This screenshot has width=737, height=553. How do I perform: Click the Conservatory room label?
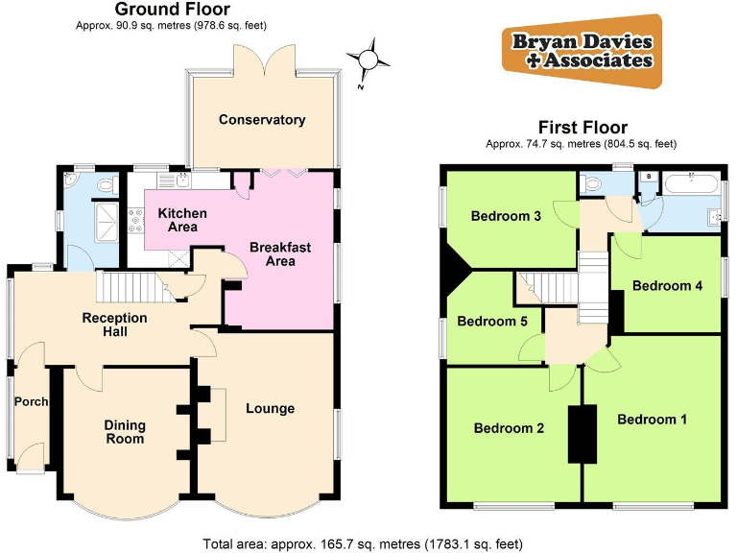(x=261, y=120)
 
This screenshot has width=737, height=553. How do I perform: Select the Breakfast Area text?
(x=280, y=254)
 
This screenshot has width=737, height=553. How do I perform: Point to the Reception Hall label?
(x=115, y=325)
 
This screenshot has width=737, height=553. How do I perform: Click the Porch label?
(x=31, y=402)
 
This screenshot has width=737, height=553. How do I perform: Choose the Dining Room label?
(x=125, y=431)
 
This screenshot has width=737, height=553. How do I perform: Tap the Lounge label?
(x=270, y=409)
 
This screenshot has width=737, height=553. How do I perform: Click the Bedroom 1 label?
(x=653, y=420)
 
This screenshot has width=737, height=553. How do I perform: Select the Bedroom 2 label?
(x=509, y=428)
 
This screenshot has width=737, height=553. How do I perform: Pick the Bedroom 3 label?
(x=506, y=216)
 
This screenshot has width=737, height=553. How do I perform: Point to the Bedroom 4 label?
(x=668, y=286)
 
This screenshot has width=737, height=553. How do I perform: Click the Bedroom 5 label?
(x=491, y=322)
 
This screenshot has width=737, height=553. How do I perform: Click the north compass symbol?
(x=366, y=60)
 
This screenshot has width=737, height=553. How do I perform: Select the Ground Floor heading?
(x=160, y=10)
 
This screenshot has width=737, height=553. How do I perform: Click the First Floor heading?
(x=582, y=127)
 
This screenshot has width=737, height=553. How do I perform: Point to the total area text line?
(x=363, y=543)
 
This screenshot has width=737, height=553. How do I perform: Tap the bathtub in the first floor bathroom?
(x=687, y=183)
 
